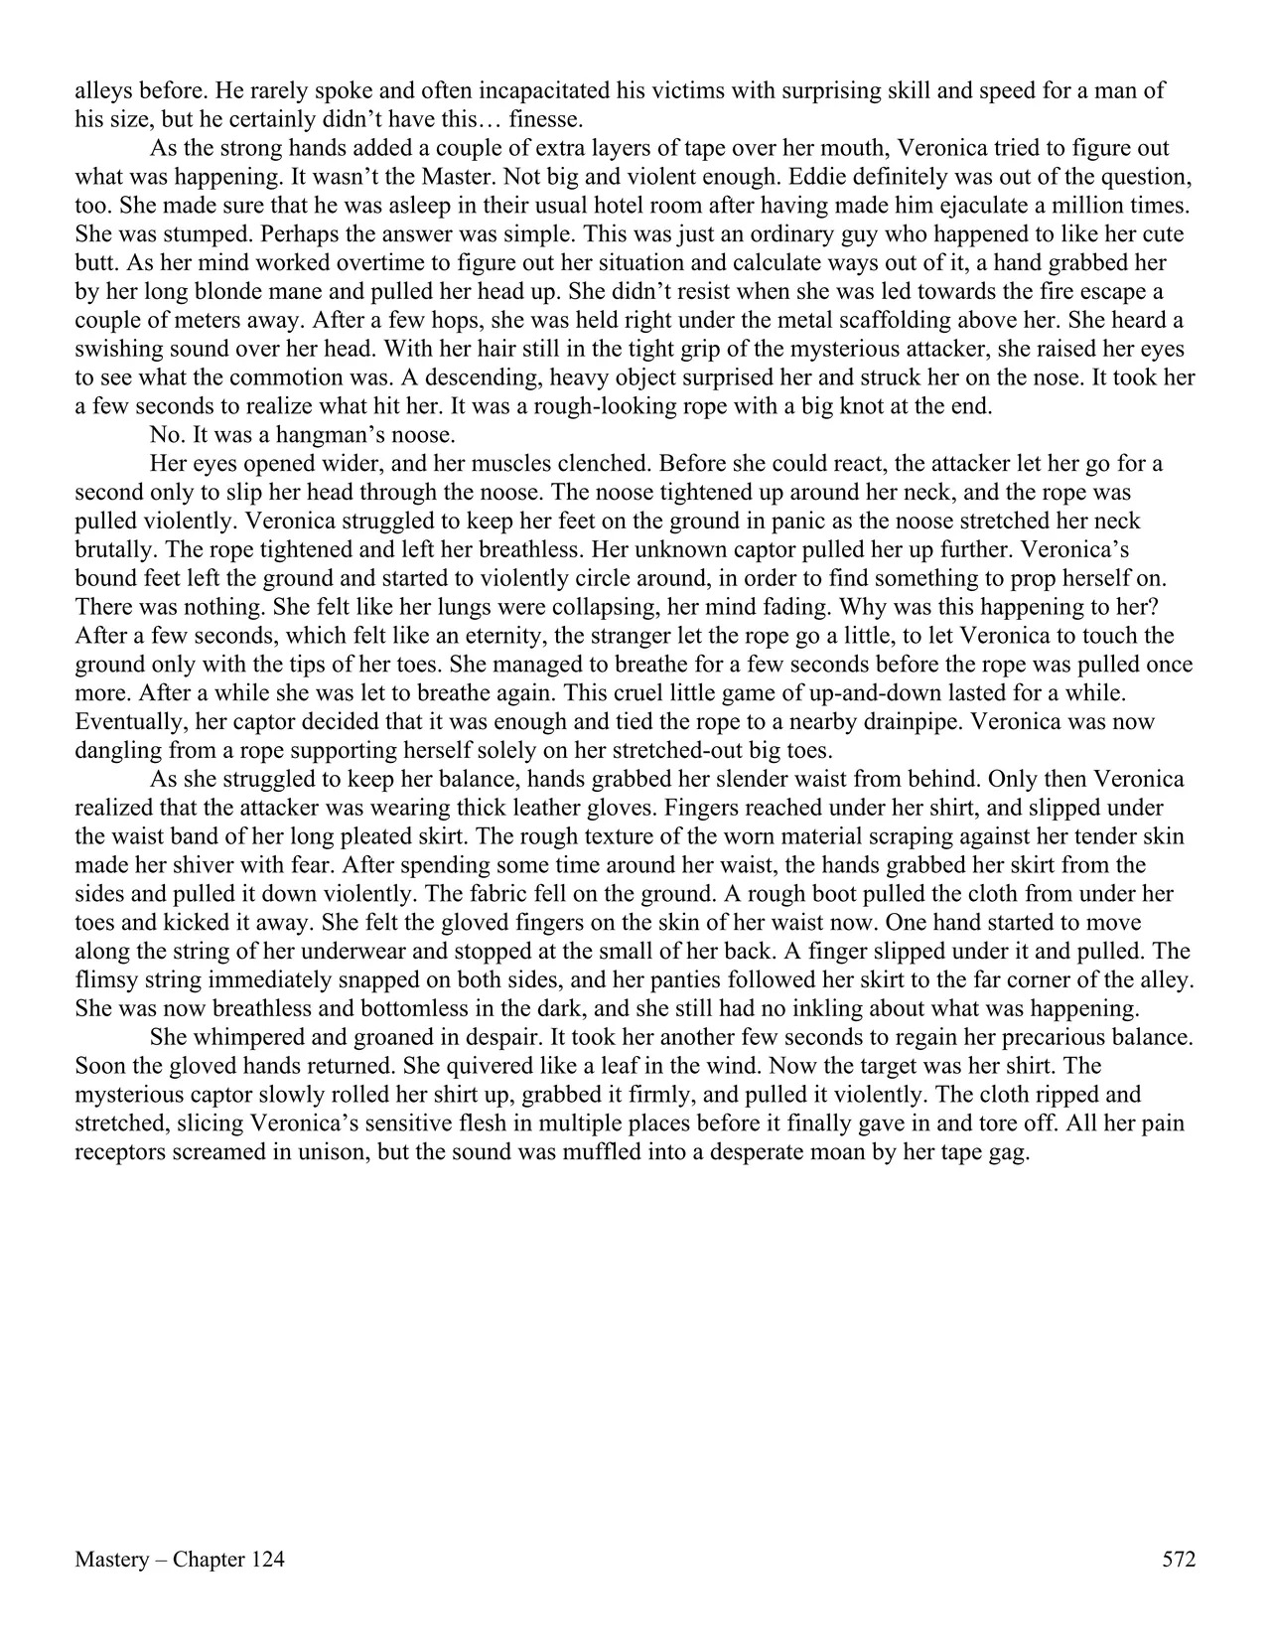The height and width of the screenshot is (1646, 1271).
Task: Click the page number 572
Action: point(1179,1560)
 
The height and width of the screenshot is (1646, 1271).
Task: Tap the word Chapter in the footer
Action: point(209,1560)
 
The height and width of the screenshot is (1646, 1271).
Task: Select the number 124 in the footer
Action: point(267,1560)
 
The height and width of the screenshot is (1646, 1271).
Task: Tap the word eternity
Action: point(496,636)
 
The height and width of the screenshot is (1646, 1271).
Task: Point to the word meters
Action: point(179,322)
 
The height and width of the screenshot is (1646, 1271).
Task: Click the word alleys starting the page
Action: point(103,91)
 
